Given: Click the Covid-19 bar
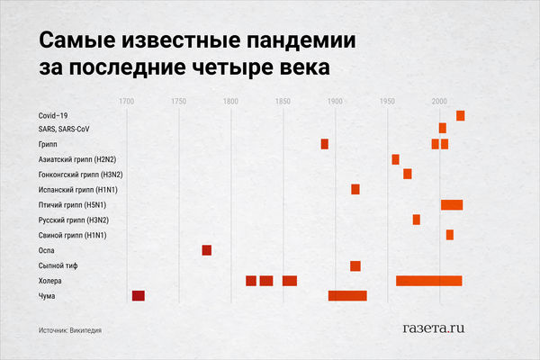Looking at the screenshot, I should coord(461,115).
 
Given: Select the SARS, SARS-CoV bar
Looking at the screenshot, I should coord(443,129).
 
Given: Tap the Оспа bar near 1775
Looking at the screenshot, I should coord(207,250).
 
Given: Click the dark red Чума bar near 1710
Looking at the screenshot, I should coord(139,295).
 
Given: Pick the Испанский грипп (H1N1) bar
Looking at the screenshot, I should coord(355,189).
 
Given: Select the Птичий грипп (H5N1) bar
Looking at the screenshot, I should coord(452,204).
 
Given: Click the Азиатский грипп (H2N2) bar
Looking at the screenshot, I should coord(395,159).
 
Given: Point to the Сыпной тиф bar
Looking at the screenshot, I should coord(355,265).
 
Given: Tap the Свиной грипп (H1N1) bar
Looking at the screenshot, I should coord(450,235).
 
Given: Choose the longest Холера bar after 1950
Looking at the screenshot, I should coord(429,281).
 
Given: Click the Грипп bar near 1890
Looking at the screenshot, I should coord(325,144).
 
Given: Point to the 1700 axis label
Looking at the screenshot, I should coord(127,100).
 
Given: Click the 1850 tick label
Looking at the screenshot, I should coord(283,100).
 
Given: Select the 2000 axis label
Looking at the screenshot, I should coord(440,100).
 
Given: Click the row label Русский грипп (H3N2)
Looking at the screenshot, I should coord(73,220).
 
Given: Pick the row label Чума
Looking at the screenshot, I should coord(49,296).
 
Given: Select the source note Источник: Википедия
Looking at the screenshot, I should coord(70,329).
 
